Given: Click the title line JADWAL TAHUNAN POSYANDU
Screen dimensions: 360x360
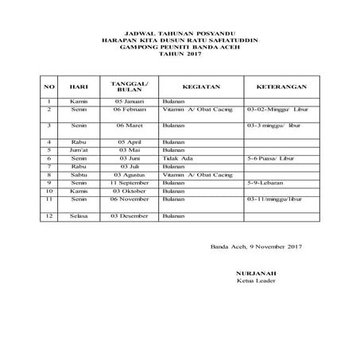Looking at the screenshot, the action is [x=180, y=33].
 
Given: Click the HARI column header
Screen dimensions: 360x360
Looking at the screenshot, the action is [x=78, y=85].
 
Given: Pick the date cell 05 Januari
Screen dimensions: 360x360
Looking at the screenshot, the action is [x=128, y=102].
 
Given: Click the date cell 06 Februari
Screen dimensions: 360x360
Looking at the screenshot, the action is [x=128, y=109].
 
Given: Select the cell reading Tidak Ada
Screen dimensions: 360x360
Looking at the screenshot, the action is [x=175, y=158].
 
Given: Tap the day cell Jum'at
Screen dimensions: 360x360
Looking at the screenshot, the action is [x=78, y=150].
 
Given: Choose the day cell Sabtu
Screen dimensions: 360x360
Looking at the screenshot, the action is [x=78, y=174].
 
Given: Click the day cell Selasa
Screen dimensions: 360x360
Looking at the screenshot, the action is [x=78, y=216].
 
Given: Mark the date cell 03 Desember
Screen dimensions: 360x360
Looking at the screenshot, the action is [x=128, y=216].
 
